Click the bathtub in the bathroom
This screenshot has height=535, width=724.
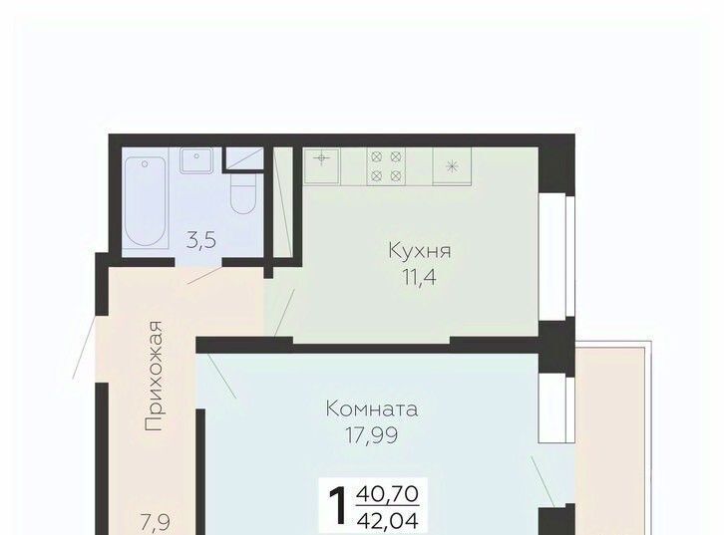[145, 201]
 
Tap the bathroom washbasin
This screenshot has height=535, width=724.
[196, 160]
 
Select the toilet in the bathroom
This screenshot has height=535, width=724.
[243, 193]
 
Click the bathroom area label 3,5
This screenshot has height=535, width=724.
[201, 241]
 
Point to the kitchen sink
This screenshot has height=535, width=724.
[322, 165]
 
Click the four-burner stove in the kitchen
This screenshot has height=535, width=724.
[386, 166]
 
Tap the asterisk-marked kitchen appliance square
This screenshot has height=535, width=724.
[452, 166]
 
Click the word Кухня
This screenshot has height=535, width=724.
[420, 251]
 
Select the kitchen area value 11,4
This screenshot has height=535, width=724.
[419, 278]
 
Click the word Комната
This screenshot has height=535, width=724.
[372, 409]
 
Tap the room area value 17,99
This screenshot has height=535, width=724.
[372, 435]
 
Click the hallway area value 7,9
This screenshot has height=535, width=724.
[156, 523]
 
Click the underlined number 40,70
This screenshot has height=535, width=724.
[388, 494]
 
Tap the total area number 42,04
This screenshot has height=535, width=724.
[388, 521]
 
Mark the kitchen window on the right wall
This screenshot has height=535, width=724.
[556, 255]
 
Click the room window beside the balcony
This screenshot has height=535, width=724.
[556, 408]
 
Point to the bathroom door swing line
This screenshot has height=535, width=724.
[205, 275]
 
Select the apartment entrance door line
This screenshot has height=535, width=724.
[85, 347]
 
